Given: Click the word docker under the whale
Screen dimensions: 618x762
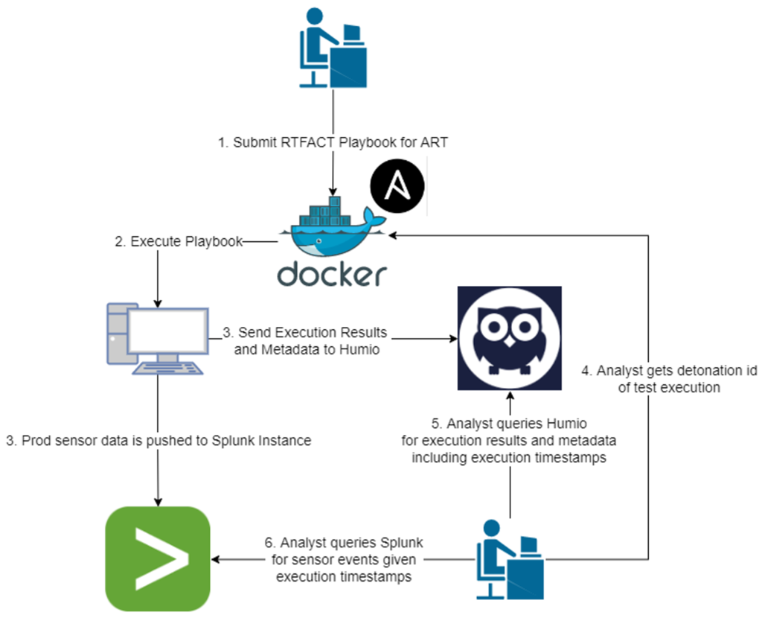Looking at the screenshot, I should coord(333,273).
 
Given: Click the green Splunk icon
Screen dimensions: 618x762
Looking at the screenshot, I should coord(158,558).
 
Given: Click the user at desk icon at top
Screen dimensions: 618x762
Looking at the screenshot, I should coord(333,48).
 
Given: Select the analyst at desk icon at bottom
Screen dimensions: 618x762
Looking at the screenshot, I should coord(510,559).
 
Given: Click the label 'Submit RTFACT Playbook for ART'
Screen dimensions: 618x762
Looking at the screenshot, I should coord(333,141).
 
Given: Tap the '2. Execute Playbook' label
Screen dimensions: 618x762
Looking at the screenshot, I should coord(179,241).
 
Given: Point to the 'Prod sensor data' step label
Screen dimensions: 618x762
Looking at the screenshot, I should coord(157,441).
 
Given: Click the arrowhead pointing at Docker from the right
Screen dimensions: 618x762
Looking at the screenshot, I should coord(391,235).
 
